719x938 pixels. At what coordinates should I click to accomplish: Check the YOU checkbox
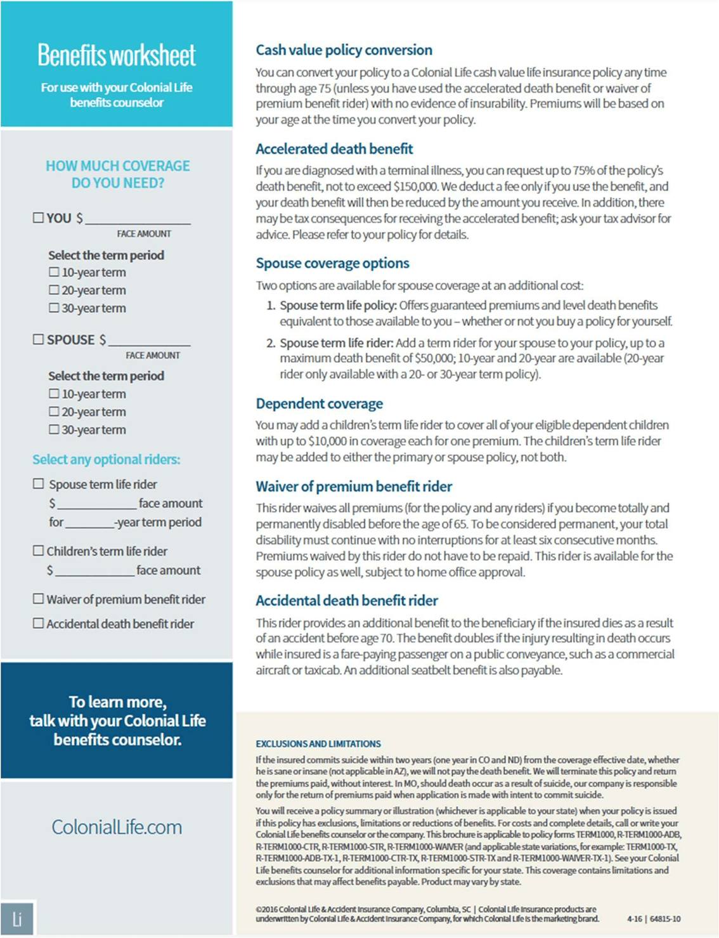[38, 218]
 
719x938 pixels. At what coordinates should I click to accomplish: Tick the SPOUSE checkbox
[38, 339]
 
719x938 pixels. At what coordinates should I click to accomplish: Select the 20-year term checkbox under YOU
[54, 290]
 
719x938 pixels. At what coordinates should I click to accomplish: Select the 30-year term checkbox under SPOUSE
[54, 429]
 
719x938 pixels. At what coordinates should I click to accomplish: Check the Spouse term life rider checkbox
[38, 484]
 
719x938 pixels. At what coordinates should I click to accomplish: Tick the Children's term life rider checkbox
[38, 550]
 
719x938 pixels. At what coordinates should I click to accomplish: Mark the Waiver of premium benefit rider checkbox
[38, 599]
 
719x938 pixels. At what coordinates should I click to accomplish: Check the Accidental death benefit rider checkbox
[38, 623]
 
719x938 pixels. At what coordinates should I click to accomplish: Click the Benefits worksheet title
[117, 56]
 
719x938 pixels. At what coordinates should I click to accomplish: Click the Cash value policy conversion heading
[344, 50]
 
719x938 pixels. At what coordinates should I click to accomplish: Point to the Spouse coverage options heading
[332, 263]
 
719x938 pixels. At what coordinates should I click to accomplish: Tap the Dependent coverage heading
[319, 404]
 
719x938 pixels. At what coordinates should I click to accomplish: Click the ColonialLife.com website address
[117, 827]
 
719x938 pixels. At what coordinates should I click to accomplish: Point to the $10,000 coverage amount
[327, 441]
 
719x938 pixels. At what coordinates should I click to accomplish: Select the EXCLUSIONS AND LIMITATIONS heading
[318, 744]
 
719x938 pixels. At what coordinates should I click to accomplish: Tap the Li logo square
[17, 918]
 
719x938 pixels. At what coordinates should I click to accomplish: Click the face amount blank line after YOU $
[138, 219]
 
